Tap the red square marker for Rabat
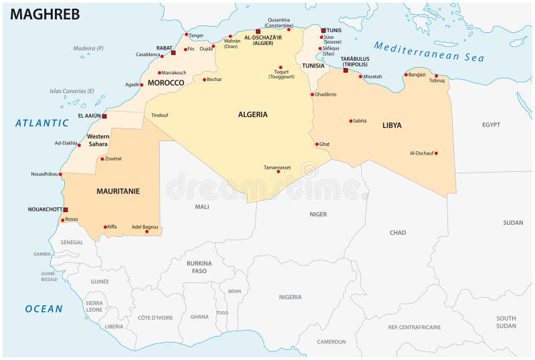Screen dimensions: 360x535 [173, 52]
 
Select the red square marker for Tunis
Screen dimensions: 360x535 [323, 30]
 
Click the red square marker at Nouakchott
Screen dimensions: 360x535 [66, 209]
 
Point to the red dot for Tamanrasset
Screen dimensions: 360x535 [278, 171]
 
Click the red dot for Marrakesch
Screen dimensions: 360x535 [159, 73]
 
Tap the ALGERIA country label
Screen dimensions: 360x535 [253, 114]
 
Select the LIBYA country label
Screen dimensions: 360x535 [392, 125]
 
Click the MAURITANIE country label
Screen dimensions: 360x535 [118, 191]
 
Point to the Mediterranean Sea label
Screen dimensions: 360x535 [428, 52]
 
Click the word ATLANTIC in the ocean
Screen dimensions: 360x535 [42, 123]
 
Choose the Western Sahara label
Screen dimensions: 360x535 [98, 140]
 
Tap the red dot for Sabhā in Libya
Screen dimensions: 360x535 [351, 121]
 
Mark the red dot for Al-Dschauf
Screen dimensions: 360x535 [436, 153]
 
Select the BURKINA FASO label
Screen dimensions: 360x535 [199, 267]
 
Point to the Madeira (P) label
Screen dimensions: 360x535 [88, 48]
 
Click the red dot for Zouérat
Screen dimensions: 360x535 [102, 159]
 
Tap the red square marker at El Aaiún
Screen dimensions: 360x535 [104, 116]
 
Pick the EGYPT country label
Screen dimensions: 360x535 [491, 124]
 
